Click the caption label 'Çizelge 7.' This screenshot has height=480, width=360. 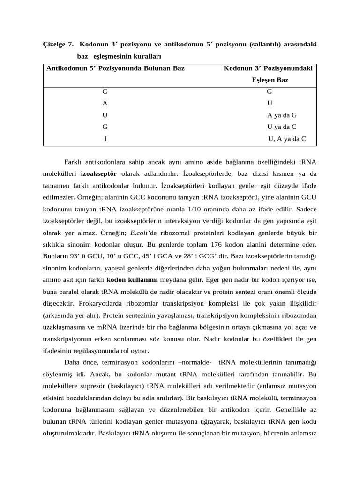[x=58, y=45]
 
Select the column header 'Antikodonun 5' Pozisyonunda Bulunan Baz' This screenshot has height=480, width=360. [x=115, y=68]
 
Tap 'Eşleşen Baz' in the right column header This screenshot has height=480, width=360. [x=270, y=80]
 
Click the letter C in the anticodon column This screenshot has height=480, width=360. [x=105, y=92]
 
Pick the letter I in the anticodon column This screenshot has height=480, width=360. [x=105, y=139]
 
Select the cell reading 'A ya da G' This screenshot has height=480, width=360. [x=282, y=115]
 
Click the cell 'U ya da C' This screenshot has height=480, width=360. [x=282, y=127]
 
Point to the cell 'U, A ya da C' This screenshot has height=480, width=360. [x=287, y=139]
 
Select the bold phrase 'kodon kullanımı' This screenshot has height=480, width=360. [x=132, y=280]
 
